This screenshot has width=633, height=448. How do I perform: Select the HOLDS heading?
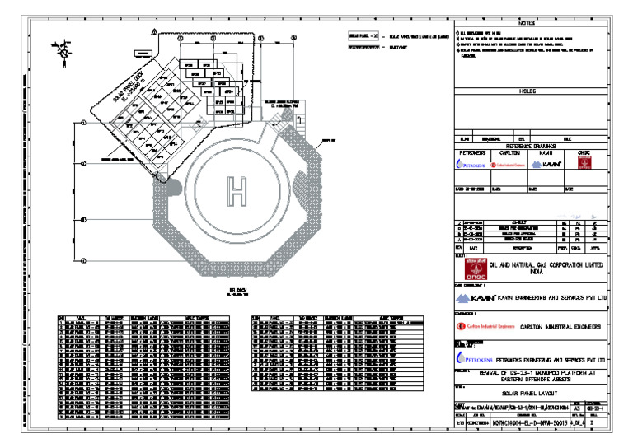[527, 91]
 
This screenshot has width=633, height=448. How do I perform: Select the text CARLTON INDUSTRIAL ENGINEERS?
[555, 327]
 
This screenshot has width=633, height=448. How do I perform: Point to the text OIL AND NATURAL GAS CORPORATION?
[545, 266]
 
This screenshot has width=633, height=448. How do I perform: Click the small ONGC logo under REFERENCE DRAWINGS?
[584, 165]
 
